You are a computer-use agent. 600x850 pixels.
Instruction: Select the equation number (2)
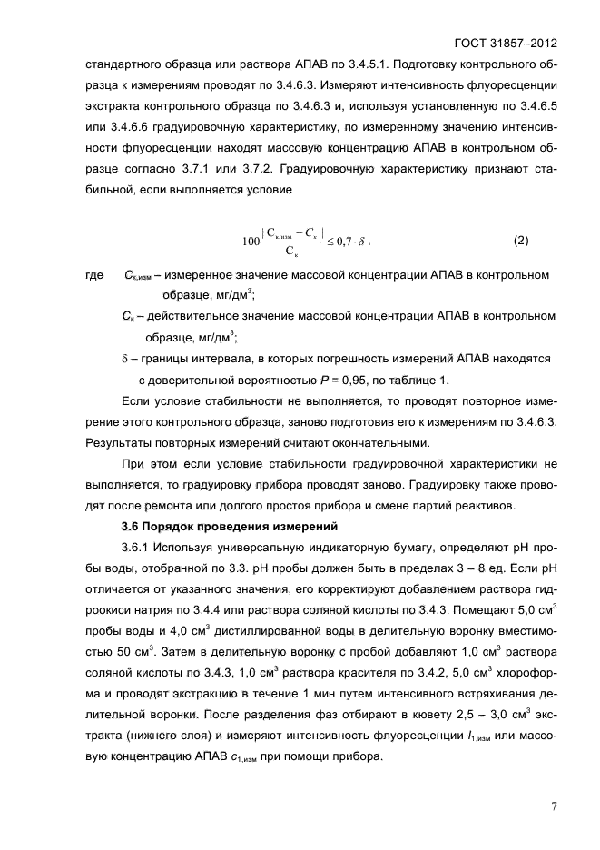click(520, 241)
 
